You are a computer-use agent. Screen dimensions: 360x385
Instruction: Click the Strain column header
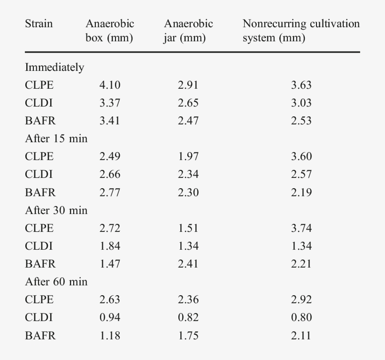point(38,24)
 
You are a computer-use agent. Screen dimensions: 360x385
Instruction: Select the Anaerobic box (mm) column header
point(109,31)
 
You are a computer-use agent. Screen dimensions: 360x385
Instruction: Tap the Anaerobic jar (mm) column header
point(188,31)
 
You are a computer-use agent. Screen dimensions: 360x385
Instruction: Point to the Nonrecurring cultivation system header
point(300,31)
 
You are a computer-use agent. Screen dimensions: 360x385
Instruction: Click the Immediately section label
point(54,67)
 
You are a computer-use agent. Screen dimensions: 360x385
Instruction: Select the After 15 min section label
point(56,138)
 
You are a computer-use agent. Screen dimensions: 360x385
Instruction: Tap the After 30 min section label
point(56,210)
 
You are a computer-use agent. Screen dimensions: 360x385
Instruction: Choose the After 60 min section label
point(56,282)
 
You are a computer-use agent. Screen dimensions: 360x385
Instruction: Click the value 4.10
point(109,85)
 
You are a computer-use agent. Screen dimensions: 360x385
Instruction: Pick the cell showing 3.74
point(301,228)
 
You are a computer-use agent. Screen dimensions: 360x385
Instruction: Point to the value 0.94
point(109,318)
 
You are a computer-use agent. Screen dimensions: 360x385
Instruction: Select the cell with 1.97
point(188,156)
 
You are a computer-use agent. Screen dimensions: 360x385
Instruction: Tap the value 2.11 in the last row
point(301,336)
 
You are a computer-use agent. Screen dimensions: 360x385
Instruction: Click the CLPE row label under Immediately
point(39,85)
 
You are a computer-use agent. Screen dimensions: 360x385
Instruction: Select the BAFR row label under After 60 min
point(40,336)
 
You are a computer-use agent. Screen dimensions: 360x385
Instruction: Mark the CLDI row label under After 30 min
point(38,246)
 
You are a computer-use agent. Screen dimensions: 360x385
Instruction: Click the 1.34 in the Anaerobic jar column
point(188,246)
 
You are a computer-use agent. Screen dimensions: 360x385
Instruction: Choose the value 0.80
point(301,318)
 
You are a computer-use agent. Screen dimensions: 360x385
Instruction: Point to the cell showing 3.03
point(301,103)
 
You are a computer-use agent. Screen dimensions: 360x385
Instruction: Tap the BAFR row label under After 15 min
point(40,192)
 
